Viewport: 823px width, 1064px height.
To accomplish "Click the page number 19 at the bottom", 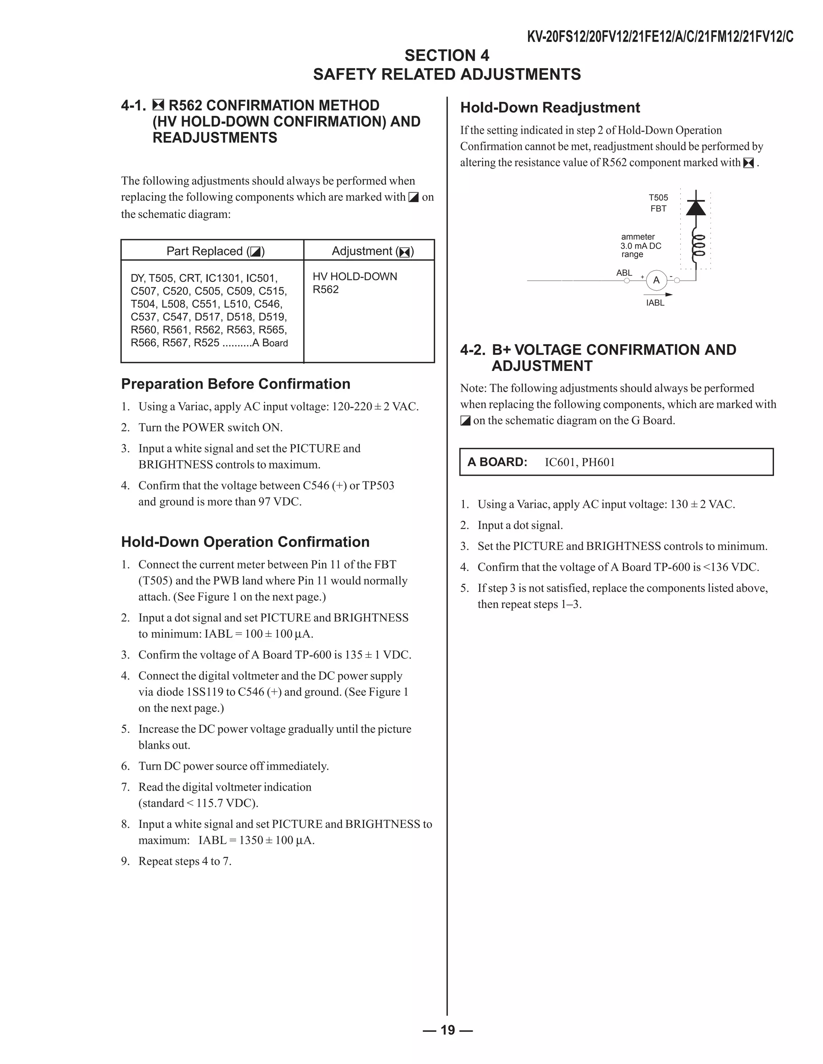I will click(448, 1029).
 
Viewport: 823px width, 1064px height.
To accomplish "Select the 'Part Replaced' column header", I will click(215, 251).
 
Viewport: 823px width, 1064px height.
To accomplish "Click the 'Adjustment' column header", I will click(373, 251).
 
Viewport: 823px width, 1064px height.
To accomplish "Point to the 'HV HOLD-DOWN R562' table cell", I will click(354, 283).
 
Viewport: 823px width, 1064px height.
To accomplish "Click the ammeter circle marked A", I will click(656, 280).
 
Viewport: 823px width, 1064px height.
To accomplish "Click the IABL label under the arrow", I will click(655, 303).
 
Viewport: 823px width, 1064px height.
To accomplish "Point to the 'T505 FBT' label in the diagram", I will click(658, 203).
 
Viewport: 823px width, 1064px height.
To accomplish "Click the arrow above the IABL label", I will click(658, 294).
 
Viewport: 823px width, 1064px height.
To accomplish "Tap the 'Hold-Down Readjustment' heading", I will click(550, 108).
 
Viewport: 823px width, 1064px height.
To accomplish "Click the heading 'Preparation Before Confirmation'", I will click(235, 384).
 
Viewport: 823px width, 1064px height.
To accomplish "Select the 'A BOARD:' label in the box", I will click(497, 462).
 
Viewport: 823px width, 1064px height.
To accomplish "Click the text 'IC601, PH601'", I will click(580, 462).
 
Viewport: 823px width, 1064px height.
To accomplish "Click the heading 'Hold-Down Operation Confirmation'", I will click(245, 542).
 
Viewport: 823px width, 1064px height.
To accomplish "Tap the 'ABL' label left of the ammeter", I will click(624, 273).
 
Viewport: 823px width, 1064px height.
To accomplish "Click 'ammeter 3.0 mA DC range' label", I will click(641, 246).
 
